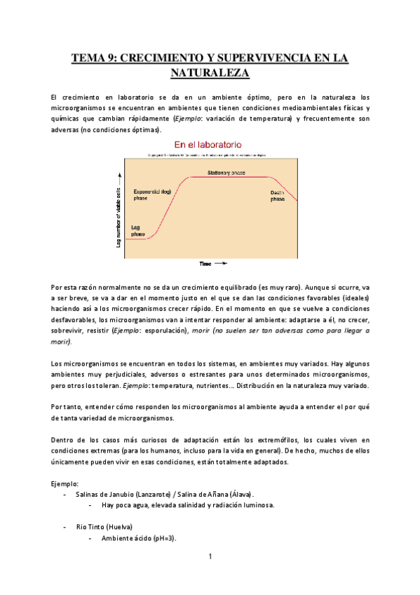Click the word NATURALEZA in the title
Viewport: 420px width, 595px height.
tap(210, 72)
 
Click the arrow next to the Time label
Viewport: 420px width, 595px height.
tap(220, 264)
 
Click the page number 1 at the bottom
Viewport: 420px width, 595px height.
tap(210, 556)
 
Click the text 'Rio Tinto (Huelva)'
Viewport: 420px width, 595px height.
tap(104, 526)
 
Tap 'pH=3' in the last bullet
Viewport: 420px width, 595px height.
tap(165, 538)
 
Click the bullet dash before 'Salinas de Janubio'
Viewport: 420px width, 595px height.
tap(65, 494)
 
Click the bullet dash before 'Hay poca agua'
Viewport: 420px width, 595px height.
tap(90, 504)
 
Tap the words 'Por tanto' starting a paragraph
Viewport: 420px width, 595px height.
tap(68, 407)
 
